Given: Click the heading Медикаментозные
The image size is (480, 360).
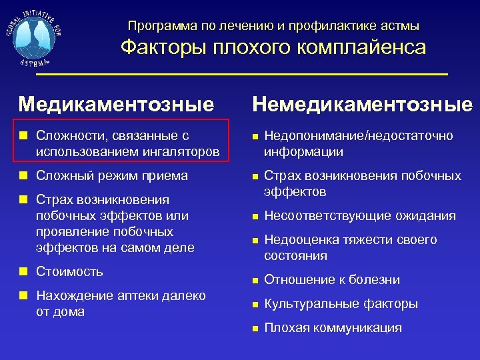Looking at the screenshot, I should (x=117, y=104).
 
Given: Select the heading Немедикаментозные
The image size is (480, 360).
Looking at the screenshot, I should (x=362, y=104).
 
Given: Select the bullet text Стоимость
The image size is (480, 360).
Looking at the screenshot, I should (x=69, y=271).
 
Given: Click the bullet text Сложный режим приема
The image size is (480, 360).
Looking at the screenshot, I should (x=112, y=176).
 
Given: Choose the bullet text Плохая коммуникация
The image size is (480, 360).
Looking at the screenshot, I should (x=333, y=327).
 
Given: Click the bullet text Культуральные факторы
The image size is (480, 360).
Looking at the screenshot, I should (x=341, y=303).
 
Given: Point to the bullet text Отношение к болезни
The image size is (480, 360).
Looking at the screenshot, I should (x=331, y=279).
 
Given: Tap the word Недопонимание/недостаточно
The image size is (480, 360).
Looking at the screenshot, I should (x=358, y=135).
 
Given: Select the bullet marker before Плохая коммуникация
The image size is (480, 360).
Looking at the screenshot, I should (x=253, y=328).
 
